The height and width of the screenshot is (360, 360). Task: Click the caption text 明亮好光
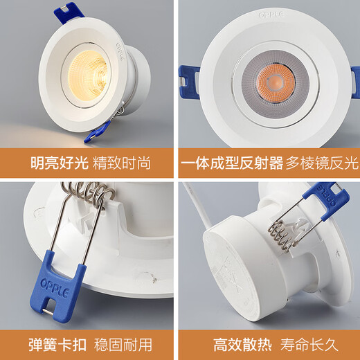59,164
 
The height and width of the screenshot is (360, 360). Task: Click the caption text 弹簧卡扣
59,344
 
